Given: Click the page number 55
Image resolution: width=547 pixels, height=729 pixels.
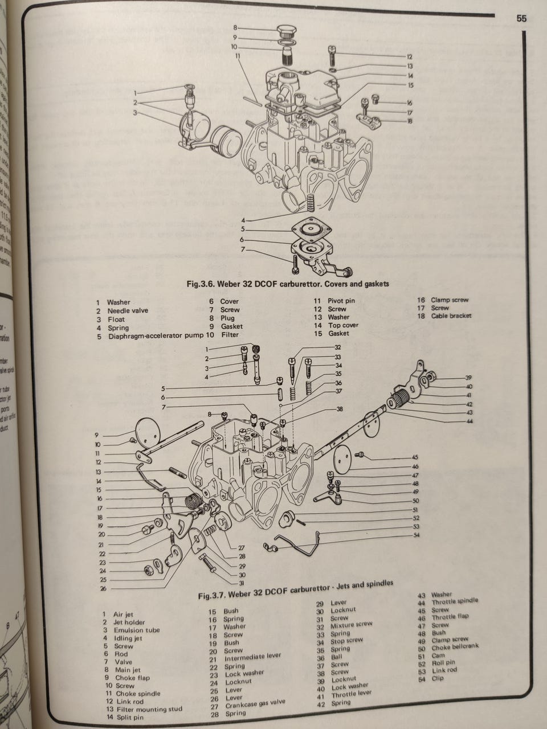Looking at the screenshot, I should click(x=521, y=19).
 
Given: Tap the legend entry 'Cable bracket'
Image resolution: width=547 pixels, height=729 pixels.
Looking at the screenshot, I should click(x=451, y=316).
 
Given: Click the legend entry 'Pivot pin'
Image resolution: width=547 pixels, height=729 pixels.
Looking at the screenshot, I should click(x=341, y=301).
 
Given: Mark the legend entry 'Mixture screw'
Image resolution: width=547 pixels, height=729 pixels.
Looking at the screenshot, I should click(x=352, y=624).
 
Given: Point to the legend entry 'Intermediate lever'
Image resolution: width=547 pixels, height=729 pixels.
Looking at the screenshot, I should click(x=253, y=656).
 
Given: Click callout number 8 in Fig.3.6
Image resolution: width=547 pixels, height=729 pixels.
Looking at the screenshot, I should click(x=235, y=27).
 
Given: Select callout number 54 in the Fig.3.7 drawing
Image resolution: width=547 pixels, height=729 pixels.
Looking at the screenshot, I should click(x=416, y=535).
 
